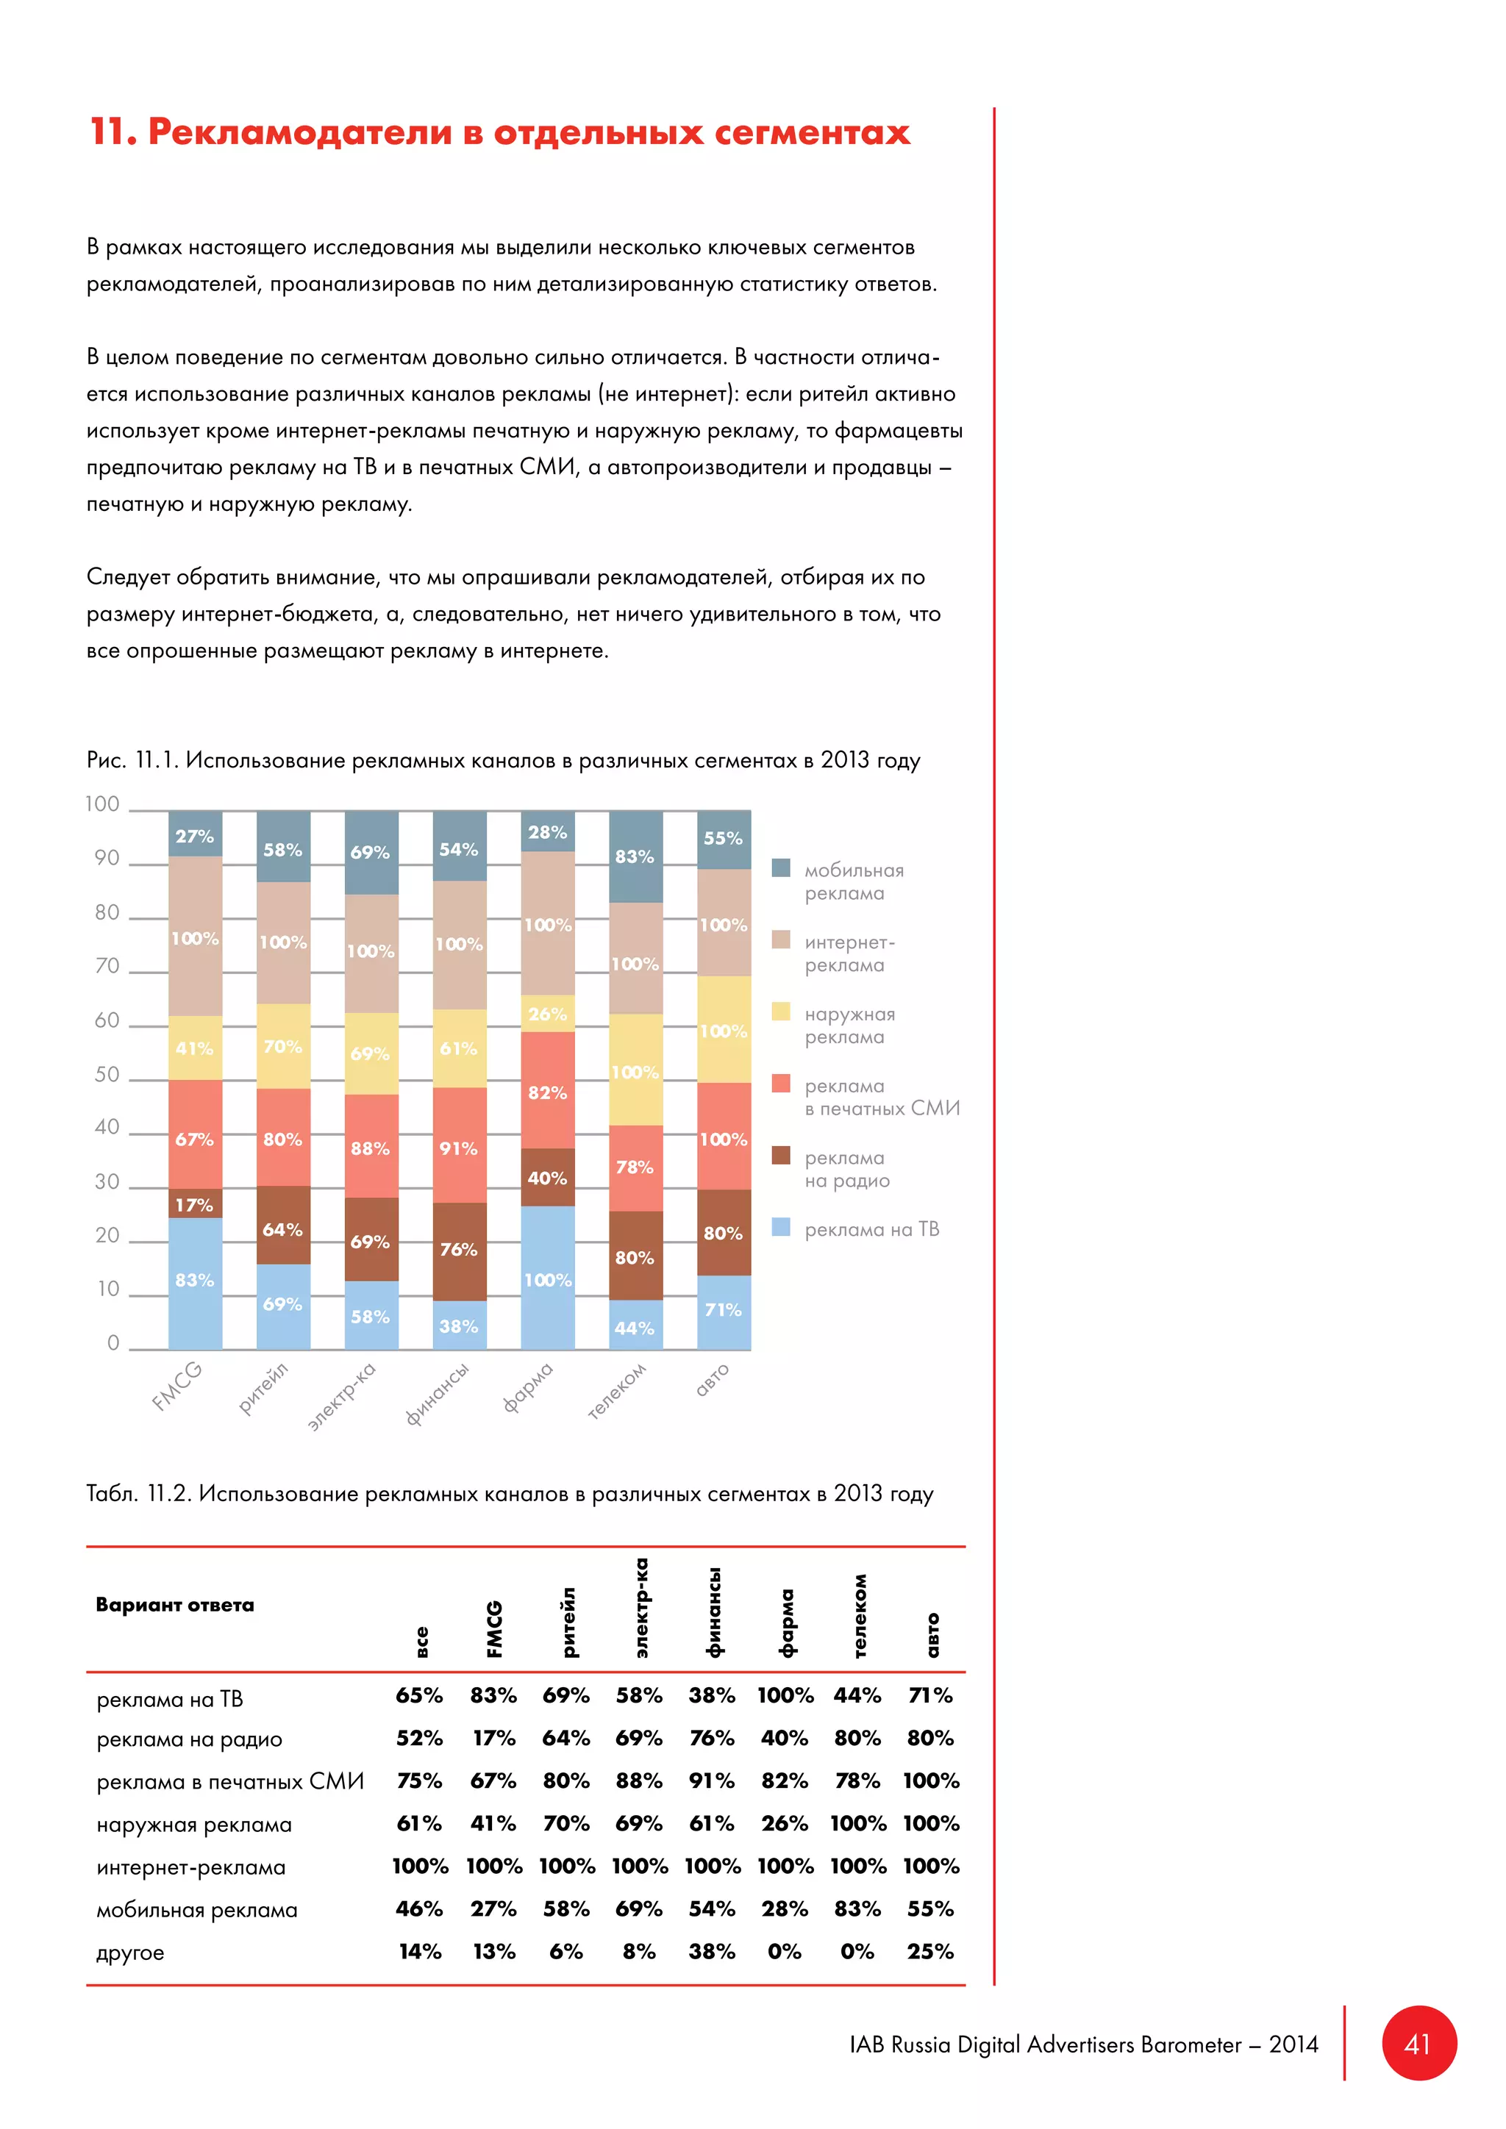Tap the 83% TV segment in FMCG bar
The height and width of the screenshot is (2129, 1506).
(195, 1281)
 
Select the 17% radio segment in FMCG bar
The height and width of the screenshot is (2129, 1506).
(195, 1204)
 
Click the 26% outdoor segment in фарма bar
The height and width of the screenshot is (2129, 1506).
(547, 1014)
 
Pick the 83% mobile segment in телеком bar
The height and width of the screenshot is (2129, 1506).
(635, 856)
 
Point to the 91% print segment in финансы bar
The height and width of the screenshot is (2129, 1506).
(458, 1148)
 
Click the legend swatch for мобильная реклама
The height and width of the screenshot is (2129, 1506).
(781, 868)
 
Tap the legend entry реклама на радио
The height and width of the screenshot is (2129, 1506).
(846, 1170)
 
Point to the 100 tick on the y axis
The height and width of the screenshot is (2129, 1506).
(103, 804)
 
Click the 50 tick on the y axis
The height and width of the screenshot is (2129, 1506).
(107, 1074)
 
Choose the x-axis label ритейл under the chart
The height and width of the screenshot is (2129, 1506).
(263, 1388)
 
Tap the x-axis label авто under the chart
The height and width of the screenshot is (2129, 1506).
(713, 1379)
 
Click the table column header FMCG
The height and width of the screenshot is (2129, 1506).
(494, 1628)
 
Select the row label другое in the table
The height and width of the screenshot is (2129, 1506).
(131, 1952)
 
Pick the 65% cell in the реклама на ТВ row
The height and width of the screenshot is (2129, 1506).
(419, 1695)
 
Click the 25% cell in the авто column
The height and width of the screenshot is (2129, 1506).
(930, 1951)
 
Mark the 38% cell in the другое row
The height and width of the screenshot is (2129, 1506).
(711, 1951)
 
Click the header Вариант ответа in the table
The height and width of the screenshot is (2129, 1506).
(174, 1605)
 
